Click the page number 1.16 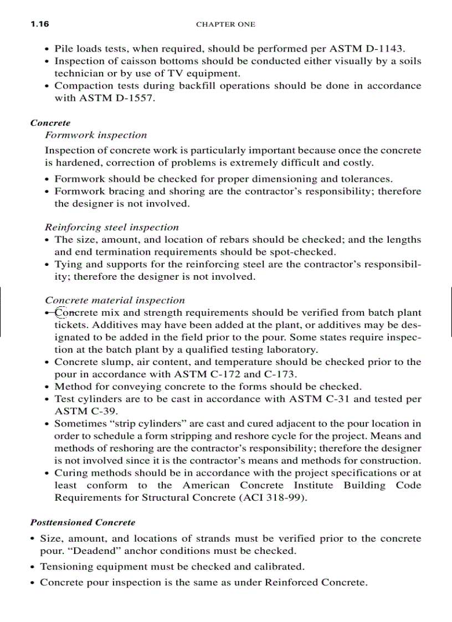pyautogui.click(x=40, y=24)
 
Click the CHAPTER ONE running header pyautogui.click(x=225, y=24)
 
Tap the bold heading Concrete pyautogui.click(x=50, y=123)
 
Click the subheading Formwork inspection pyautogui.click(x=96, y=135)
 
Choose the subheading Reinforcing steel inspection pyautogui.click(x=112, y=227)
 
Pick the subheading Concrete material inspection pyautogui.click(x=115, y=300)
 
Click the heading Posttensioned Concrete pyautogui.click(x=83, y=522)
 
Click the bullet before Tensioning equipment pyautogui.click(x=34, y=567)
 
